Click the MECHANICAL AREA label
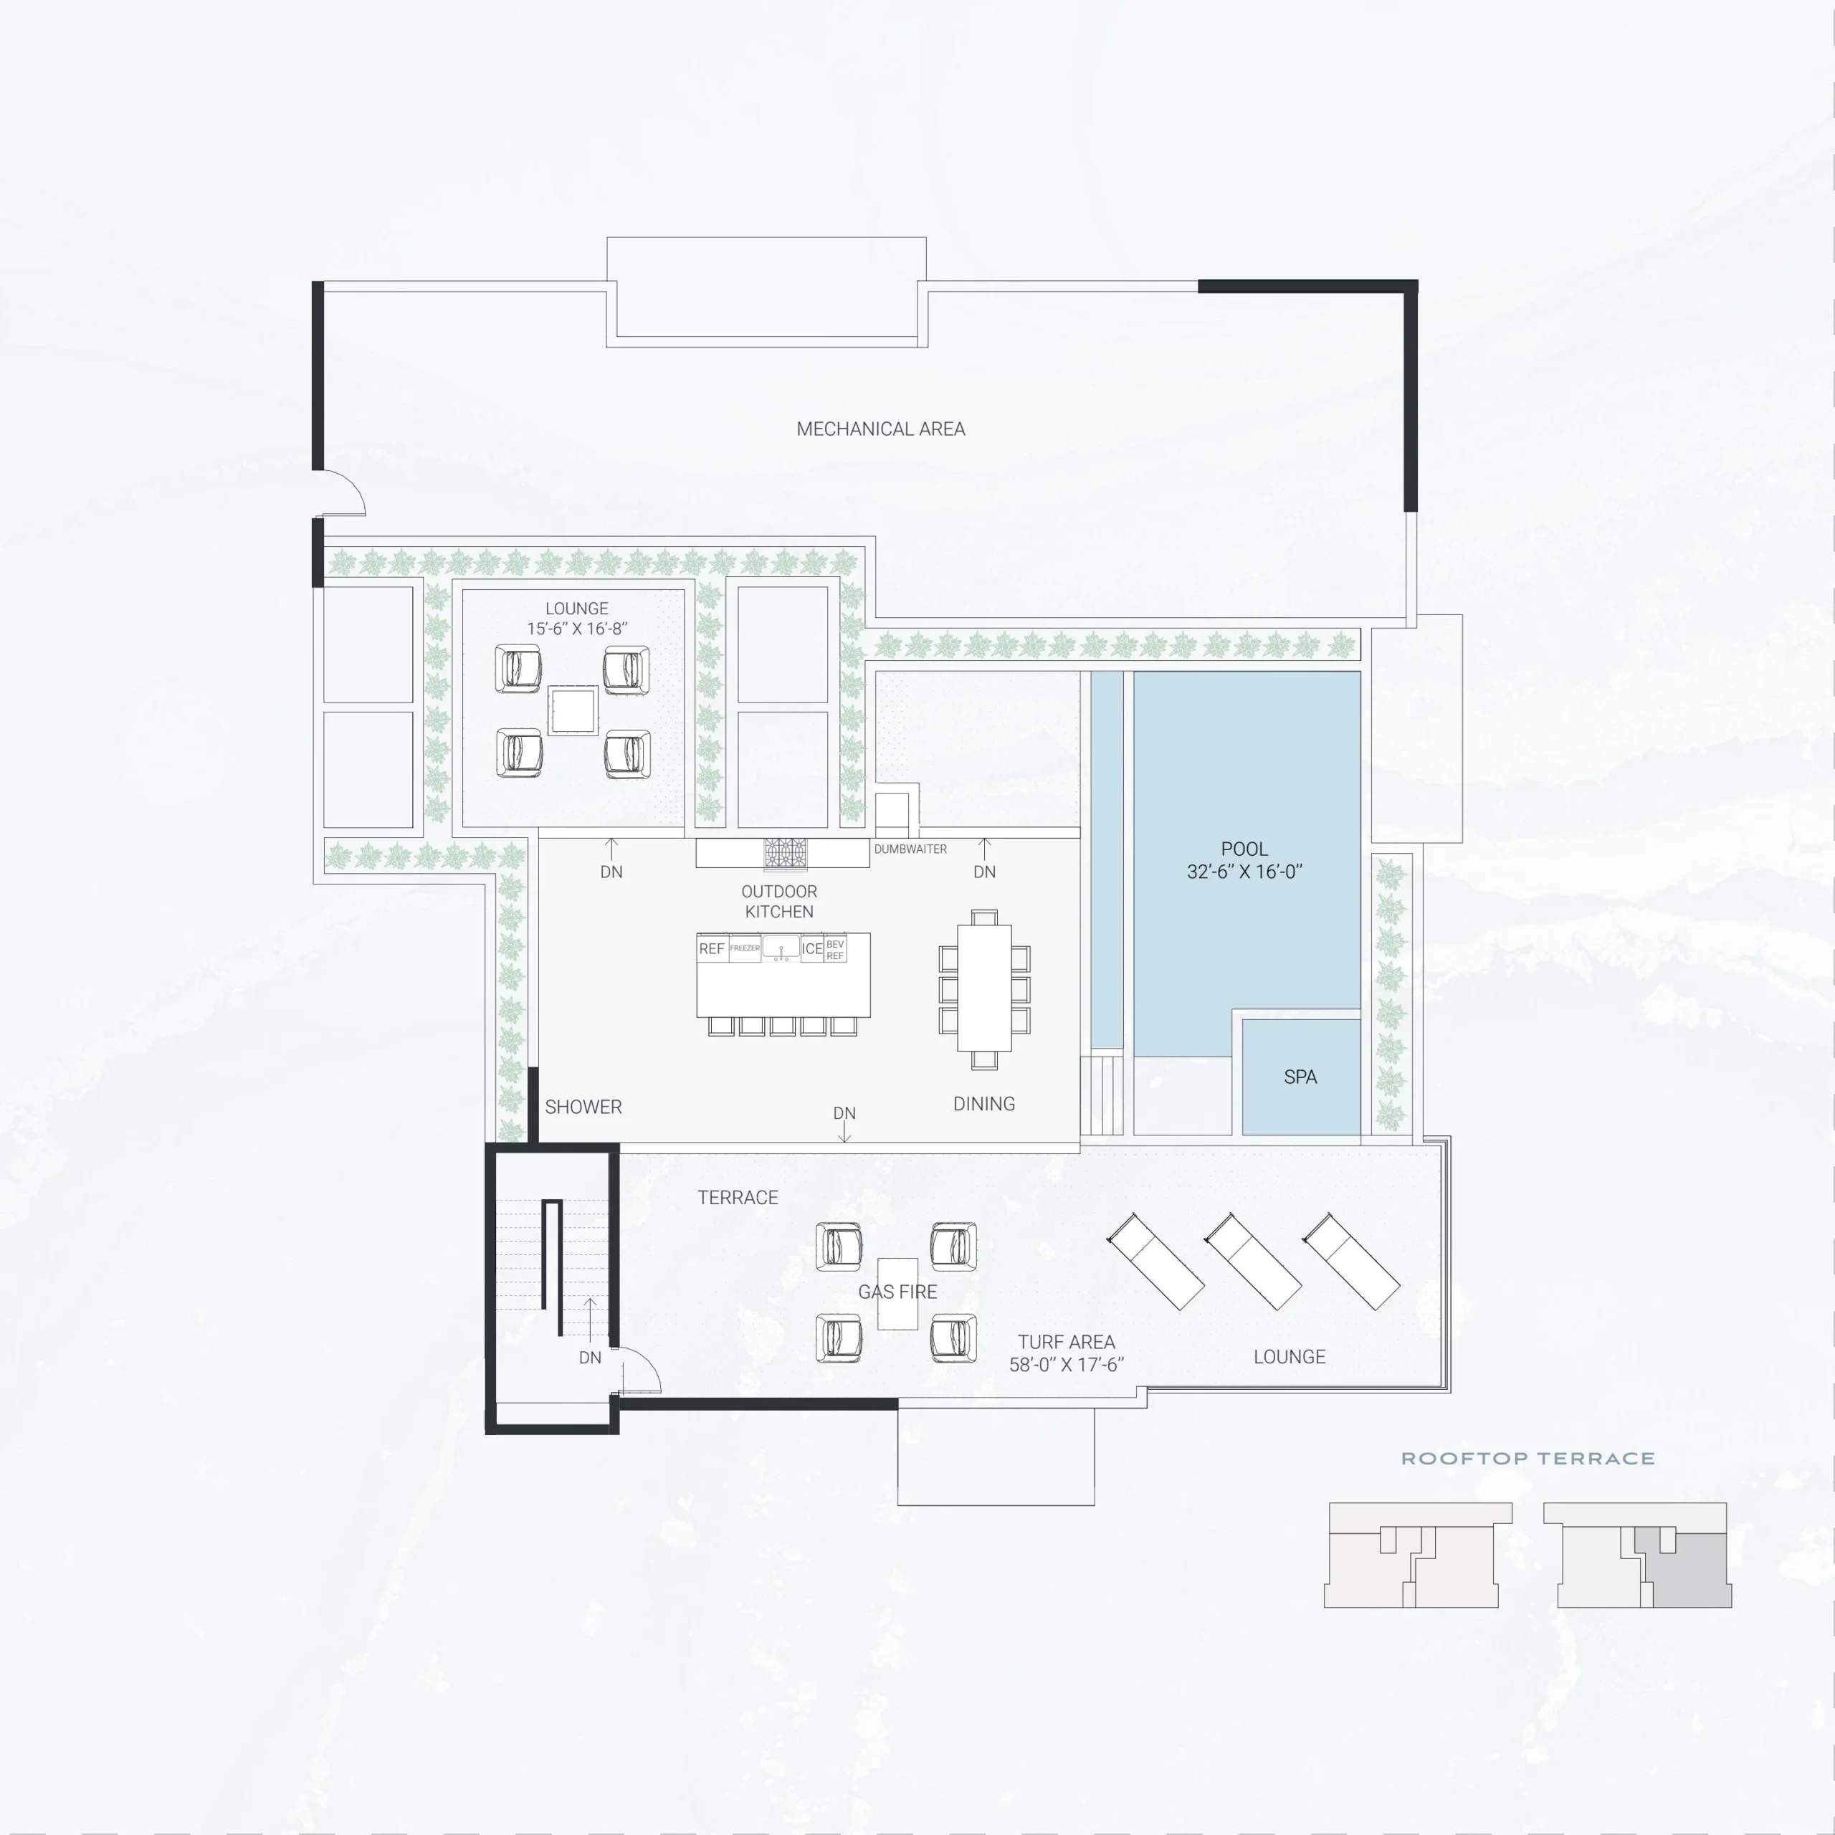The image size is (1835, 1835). coord(880,429)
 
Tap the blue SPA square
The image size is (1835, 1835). coord(1301,1077)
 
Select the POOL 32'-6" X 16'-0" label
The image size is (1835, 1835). coord(1244,860)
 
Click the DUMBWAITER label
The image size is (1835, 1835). coord(910,849)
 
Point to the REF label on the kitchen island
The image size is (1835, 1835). coord(711,949)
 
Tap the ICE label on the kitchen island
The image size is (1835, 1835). coord(812,949)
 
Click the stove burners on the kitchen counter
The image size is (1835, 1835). coord(786,853)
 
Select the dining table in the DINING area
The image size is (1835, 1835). coord(984,988)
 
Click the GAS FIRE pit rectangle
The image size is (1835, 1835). coord(897,1294)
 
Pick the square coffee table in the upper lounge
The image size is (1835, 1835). coord(573,710)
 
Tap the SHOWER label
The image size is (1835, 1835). coord(583,1107)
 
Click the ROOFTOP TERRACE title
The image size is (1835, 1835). coord(1528,1459)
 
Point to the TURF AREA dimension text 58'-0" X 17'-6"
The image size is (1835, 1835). coord(1067,1365)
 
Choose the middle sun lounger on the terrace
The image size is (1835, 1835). coord(1253,1262)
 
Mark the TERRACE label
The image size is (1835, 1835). coord(738,1198)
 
